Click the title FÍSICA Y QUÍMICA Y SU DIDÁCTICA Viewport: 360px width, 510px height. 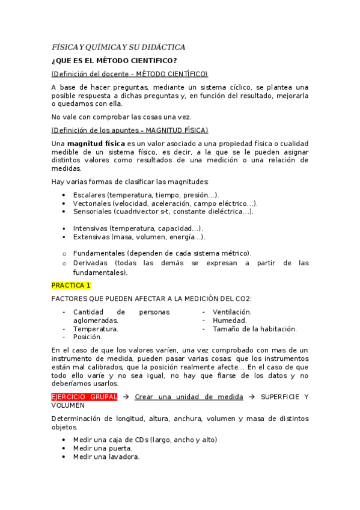(118, 47)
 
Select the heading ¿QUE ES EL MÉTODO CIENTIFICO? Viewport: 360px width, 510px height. (114, 61)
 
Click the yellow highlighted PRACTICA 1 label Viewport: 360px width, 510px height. (71, 285)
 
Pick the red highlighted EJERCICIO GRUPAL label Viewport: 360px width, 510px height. (84, 397)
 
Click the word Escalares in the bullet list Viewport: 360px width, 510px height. (89, 195)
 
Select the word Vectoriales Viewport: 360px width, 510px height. (92, 203)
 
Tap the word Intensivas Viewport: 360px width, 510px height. (90, 229)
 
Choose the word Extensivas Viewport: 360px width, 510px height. (91, 237)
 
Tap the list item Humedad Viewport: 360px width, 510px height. (230, 321)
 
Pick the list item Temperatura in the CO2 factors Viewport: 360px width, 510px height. (96, 329)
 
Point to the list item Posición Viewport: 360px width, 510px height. (87, 337)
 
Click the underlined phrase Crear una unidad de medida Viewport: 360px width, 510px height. (189, 397)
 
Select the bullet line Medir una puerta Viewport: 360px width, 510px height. (103, 448)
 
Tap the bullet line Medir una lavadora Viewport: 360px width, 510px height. (106, 456)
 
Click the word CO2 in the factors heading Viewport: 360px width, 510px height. (242, 298)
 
